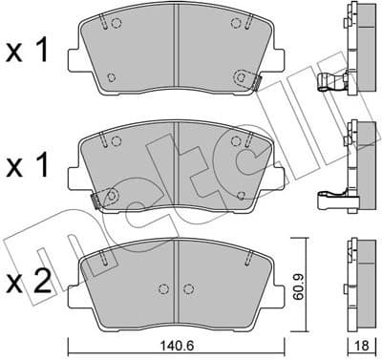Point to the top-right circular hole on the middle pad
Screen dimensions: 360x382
(x=238, y=141)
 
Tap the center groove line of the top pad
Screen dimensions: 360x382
(x=177, y=53)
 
